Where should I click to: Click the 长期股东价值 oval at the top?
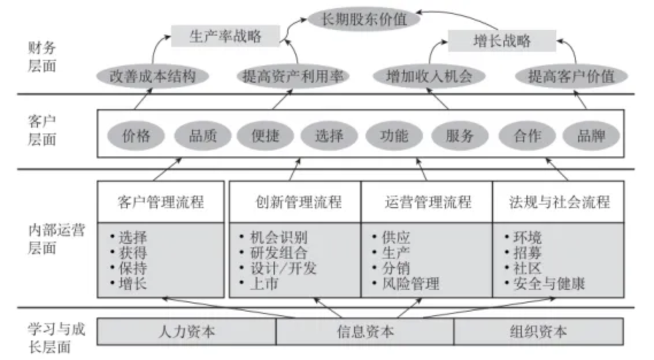click(364, 19)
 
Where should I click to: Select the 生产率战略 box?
click(225, 36)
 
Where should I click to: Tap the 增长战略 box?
click(502, 41)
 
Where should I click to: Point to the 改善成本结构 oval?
click(152, 76)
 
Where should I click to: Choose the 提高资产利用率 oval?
click(293, 76)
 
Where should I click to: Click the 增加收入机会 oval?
click(429, 76)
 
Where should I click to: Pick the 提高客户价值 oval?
click(571, 76)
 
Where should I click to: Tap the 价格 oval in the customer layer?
click(136, 136)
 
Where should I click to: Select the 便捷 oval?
click(266, 136)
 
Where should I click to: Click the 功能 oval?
click(394, 136)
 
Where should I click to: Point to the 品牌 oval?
click(591, 136)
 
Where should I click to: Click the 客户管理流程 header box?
click(160, 202)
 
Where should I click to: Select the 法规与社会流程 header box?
click(559, 202)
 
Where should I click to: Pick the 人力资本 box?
click(186, 332)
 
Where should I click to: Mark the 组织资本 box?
click(538, 332)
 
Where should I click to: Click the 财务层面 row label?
click(42, 57)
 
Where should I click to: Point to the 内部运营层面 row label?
click(56, 239)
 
